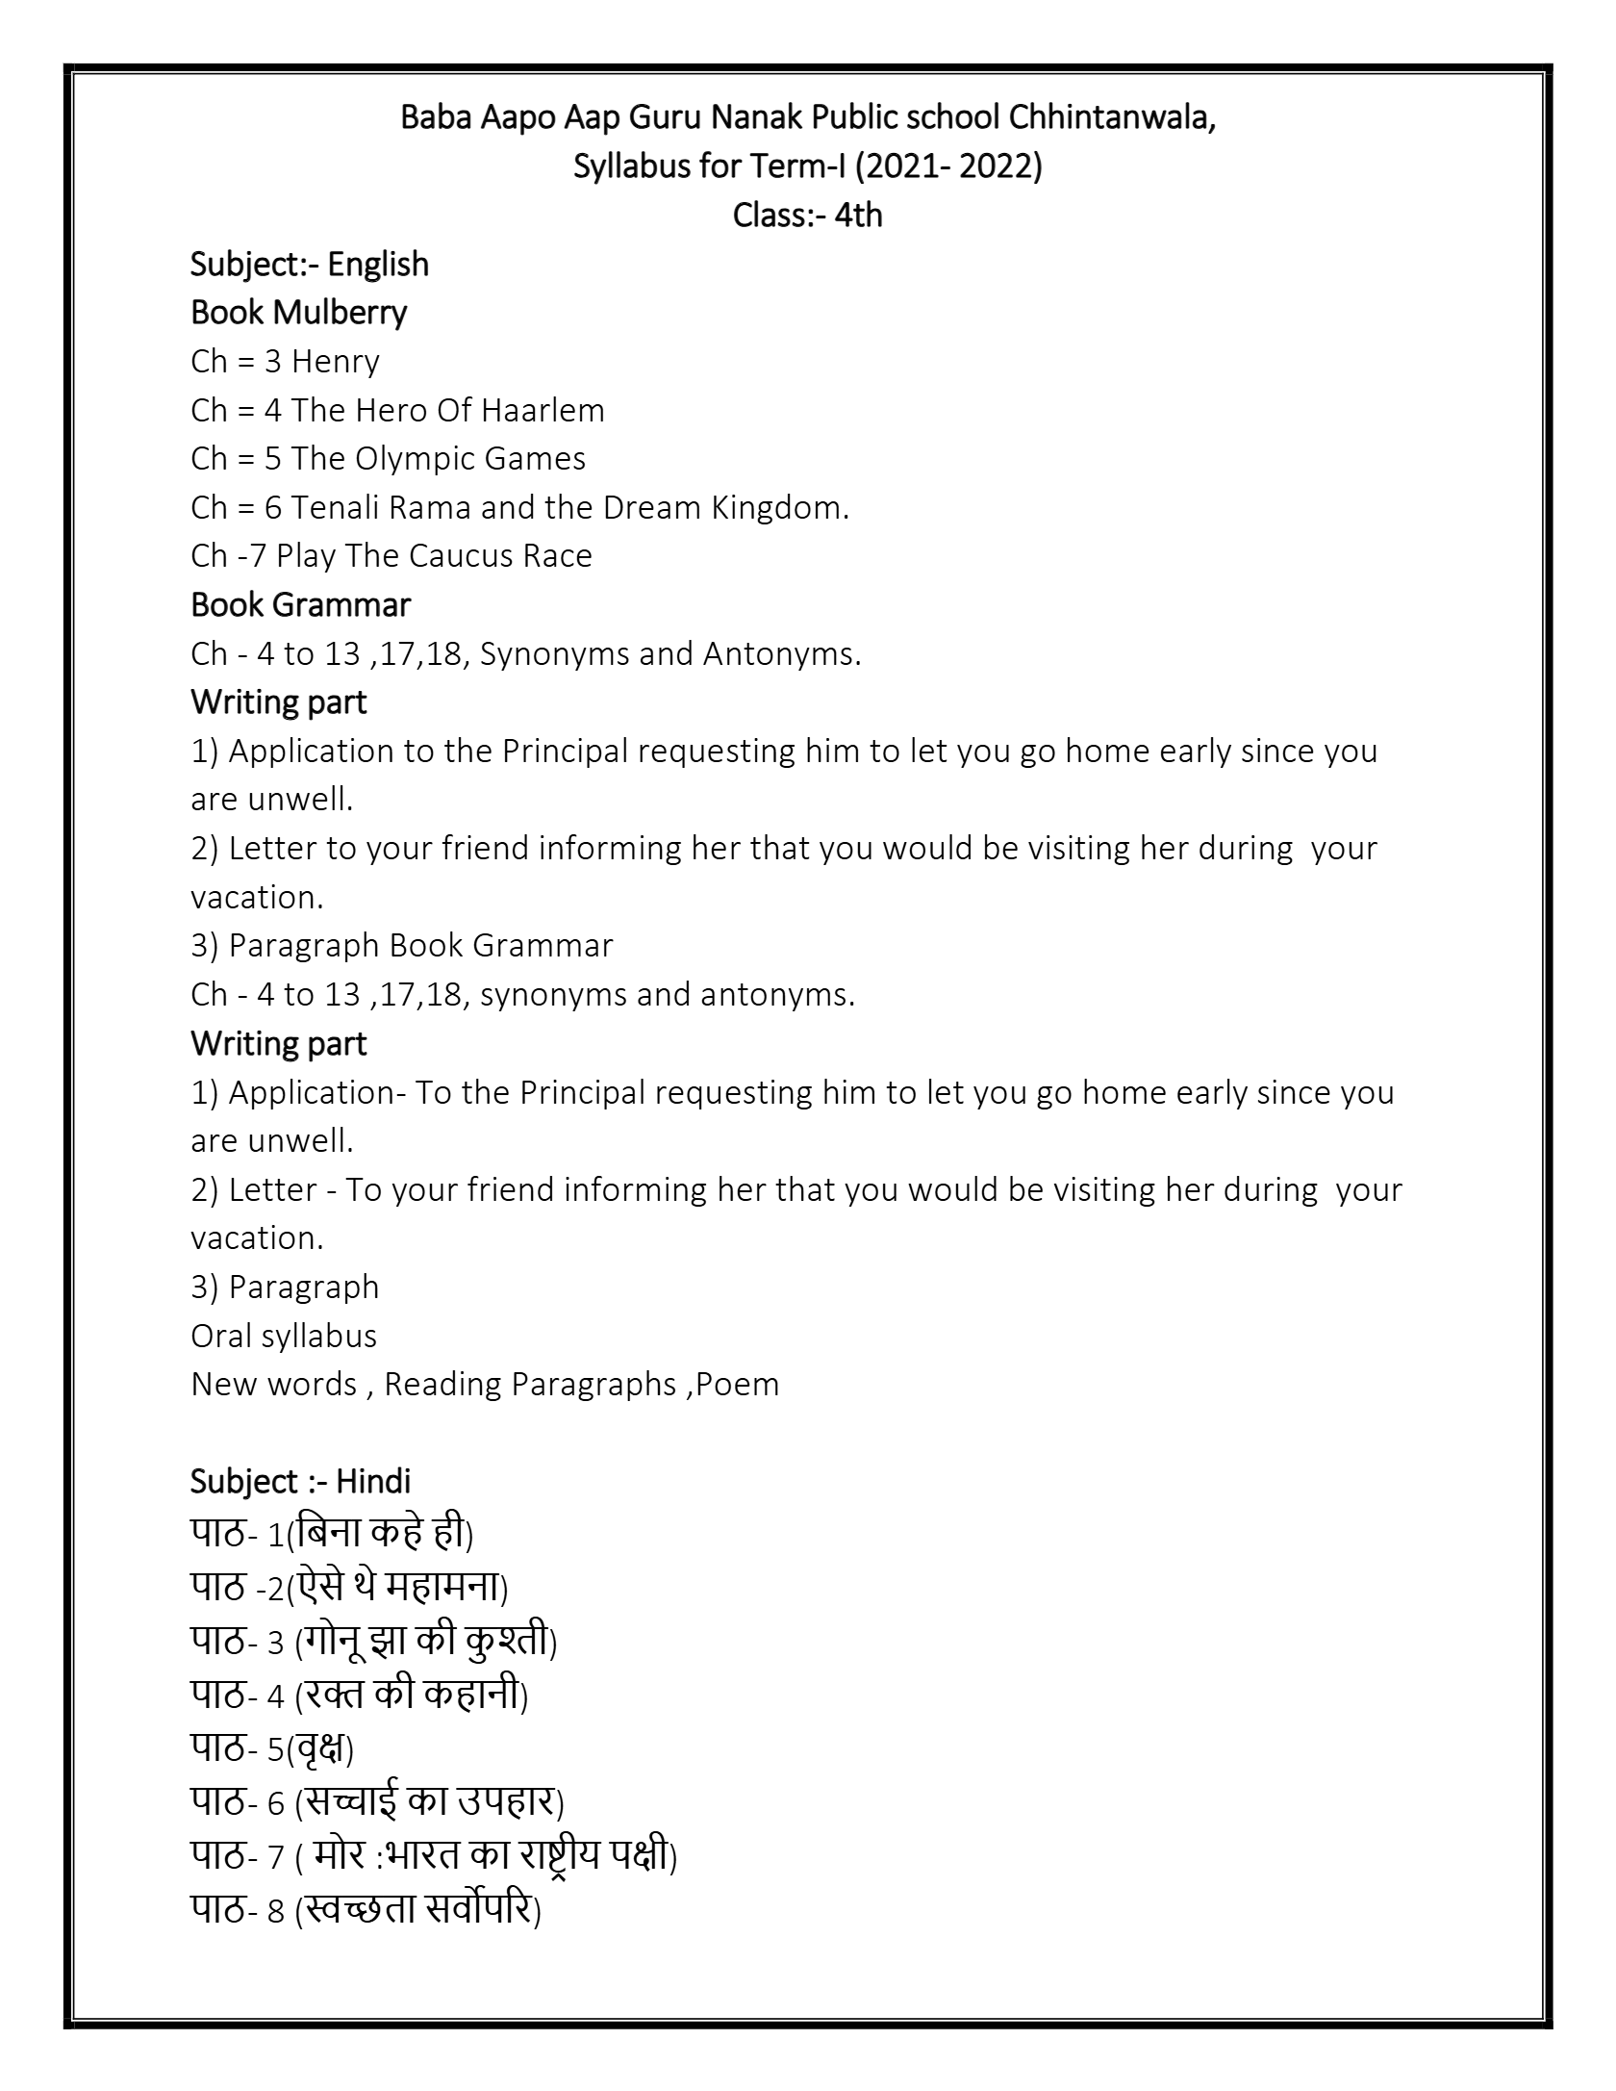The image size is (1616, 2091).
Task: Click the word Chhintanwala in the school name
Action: (1111, 118)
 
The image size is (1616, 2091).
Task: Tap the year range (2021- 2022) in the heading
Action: (947, 166)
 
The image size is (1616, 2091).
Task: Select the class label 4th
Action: (858, 215)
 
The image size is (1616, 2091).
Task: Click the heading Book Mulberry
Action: (298, 312)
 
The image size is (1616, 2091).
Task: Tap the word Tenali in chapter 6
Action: (332, 508)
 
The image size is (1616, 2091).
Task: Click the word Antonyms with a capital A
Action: (781, 654)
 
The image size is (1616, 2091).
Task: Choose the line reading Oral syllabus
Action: (284, 1337)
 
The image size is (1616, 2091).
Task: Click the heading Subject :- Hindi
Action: (300, 1482)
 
